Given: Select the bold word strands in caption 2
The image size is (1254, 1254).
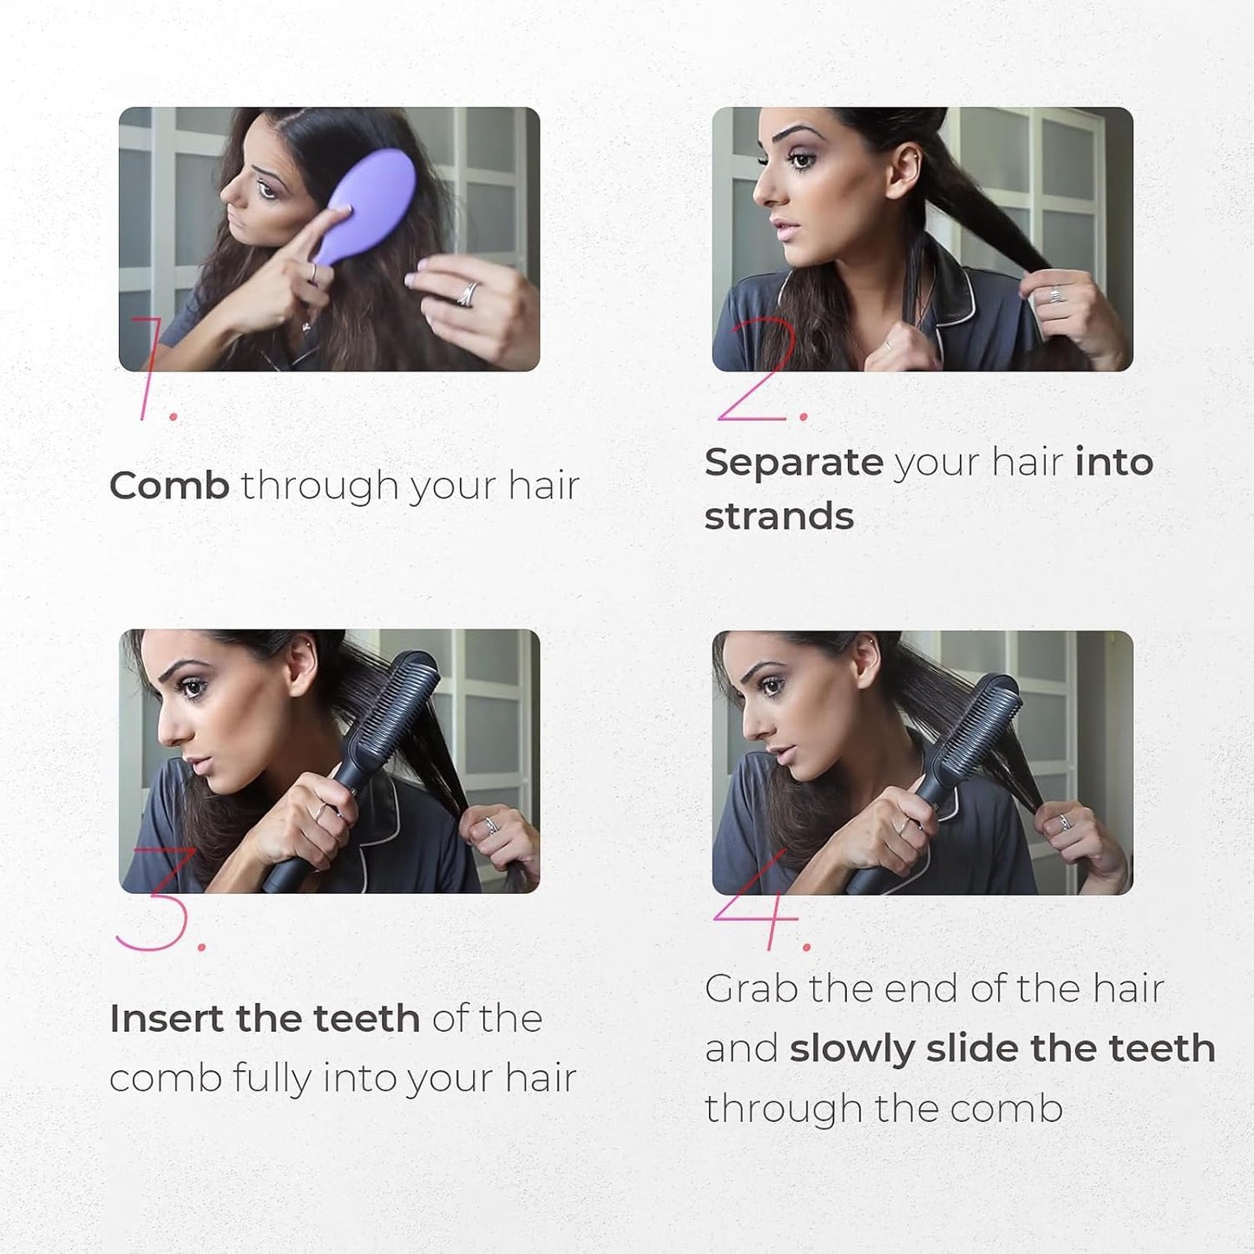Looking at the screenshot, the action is [x=779, y=516].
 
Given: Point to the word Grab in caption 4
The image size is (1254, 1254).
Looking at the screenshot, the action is [x=752, y=989].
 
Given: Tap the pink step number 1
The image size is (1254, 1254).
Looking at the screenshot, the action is [x=154, y=370].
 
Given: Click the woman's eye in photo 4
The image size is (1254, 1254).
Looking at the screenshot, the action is [x=773, y=686].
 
